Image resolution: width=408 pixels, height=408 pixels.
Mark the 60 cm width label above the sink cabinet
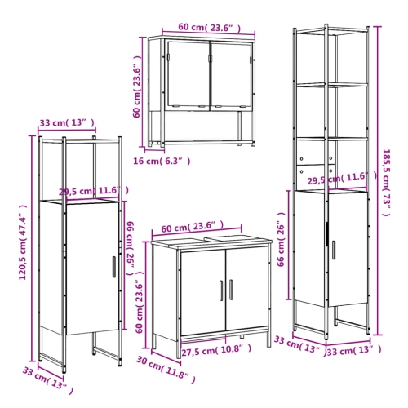[193, 226]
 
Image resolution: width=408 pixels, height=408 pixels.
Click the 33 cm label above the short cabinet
[66, 124]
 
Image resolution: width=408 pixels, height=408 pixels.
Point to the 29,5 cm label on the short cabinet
[93, 193]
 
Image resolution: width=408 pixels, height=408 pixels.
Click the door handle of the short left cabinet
[113, 267]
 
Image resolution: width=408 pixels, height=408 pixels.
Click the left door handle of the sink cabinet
[220, 292]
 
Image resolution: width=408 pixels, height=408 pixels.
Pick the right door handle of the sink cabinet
[231, 292]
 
